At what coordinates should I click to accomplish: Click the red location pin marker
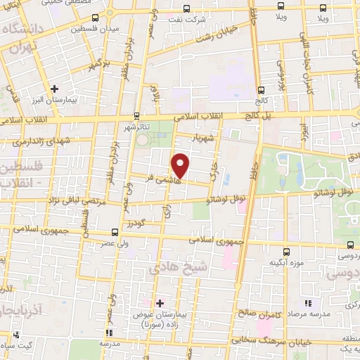(x=181, y=165)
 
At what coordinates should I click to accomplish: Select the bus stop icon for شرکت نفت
(x=186, y=8)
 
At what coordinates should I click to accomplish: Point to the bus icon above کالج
(x=262, y=89)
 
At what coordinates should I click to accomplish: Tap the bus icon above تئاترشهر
(x=137, y=115)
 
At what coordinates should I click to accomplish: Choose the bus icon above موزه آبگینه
(x=286, y=251)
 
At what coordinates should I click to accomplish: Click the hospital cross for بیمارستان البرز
(x=55, y=89)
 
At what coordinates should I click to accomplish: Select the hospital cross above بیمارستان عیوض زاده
(x=160, y=303)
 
